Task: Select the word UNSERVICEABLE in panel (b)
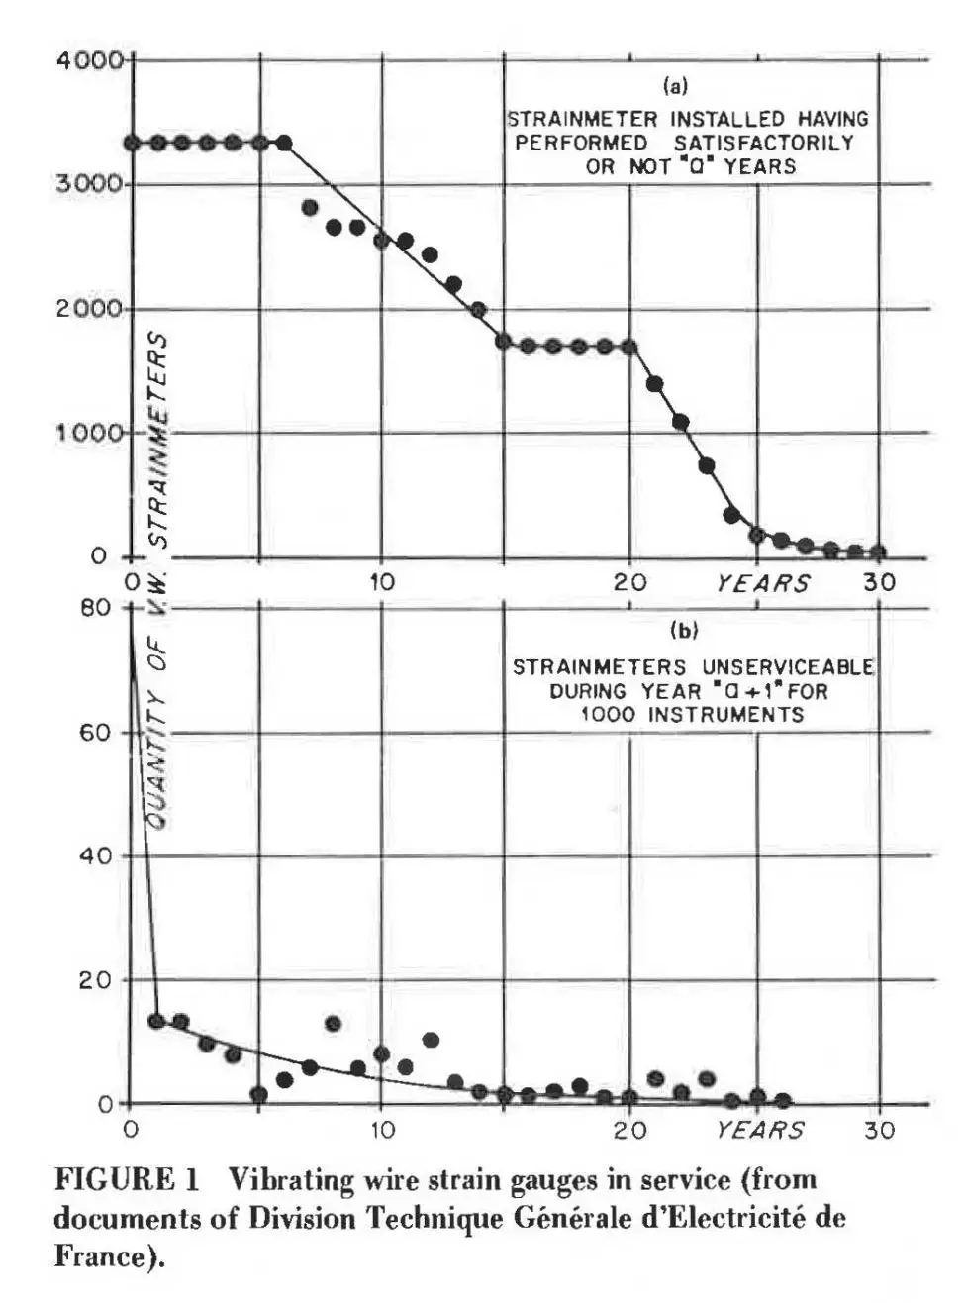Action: (x=782, y=667)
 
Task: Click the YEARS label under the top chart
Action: (x=762, y=583)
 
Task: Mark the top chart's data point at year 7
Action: (x=309, y=208)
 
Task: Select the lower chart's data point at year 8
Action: (x=334, y=1024)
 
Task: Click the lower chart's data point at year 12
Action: (x=431, y=1040)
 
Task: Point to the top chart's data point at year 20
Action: (x=628, y=347)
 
